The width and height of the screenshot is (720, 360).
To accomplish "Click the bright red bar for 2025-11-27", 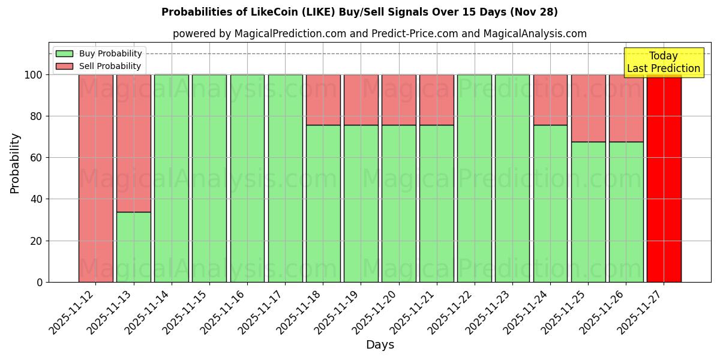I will [x=664, y=180].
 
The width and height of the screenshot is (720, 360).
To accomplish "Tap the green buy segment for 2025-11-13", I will [x=134, y=247].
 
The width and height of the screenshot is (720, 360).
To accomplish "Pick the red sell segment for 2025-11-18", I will [x=323, y=100].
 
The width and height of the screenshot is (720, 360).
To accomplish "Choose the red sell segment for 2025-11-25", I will [x=588, y=108].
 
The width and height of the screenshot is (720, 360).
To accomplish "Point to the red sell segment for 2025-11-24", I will [x=550, y=100].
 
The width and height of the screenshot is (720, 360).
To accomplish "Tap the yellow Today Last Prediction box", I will [x=664, y=62].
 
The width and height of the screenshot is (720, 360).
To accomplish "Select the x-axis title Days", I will [x=380, y=345].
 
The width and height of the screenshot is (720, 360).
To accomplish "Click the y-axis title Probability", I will [x=15, y=163].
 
